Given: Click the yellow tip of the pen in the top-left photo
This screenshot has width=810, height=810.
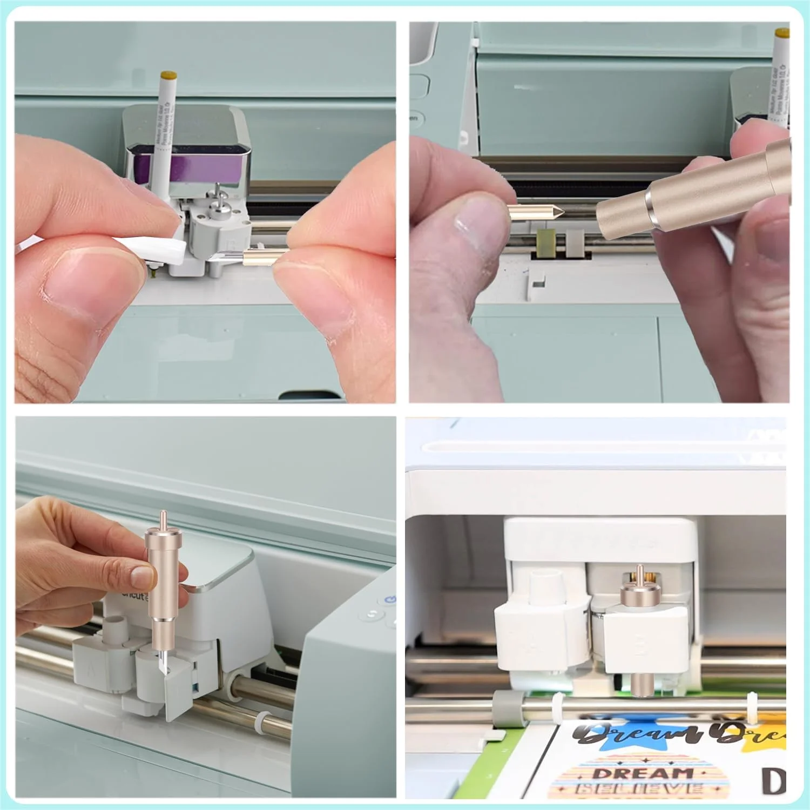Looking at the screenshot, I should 170,73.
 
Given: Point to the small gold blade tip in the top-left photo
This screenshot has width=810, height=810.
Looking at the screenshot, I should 259,258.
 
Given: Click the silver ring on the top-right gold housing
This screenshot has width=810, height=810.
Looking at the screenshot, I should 655,208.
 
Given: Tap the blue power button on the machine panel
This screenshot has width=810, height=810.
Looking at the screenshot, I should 390,599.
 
